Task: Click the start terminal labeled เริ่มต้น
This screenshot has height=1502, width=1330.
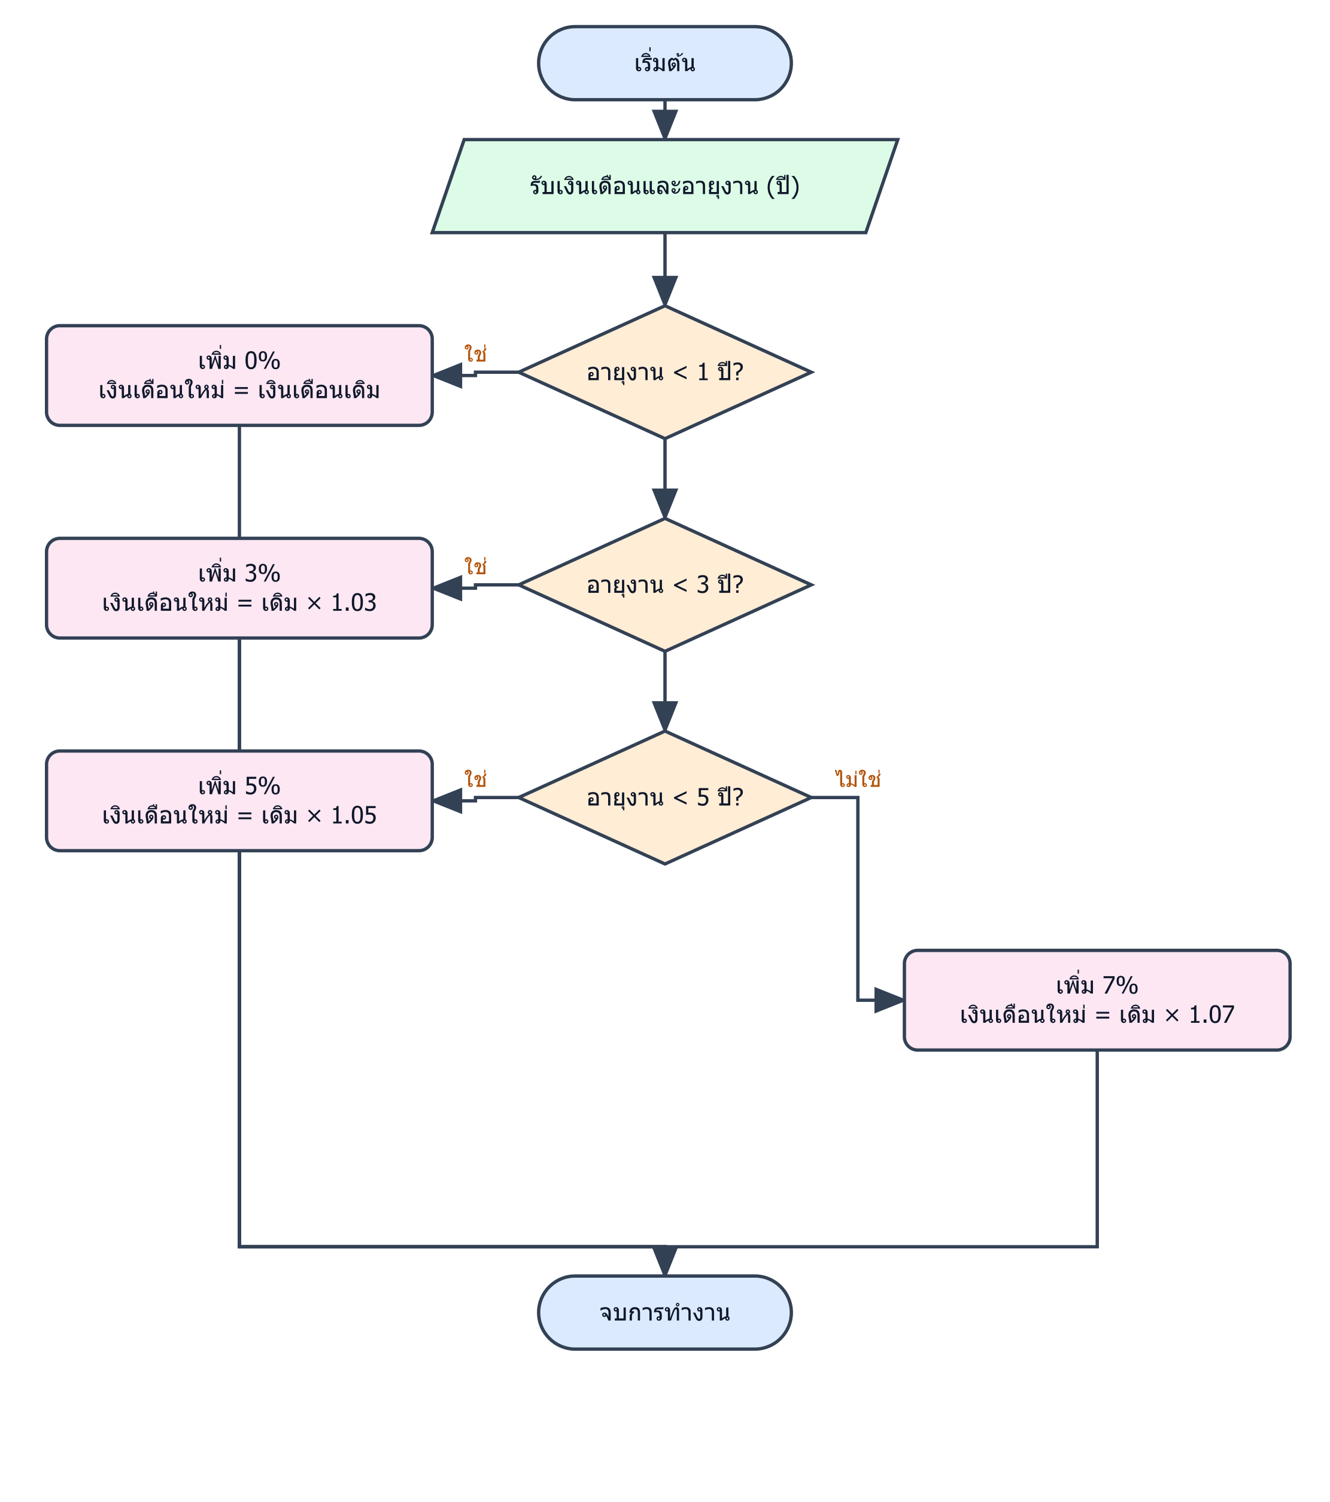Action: (x=664, y=63)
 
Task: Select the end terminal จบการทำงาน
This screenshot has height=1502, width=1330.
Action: (x=664, y=1312)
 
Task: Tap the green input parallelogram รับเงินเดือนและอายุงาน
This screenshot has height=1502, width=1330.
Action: (x=664, y=186)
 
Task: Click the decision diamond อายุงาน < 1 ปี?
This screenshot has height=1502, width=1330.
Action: (x=664, y=373)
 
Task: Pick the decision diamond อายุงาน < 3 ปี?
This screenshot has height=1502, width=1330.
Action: (x=664, y=585)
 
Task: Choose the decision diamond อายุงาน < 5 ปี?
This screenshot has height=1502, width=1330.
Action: (x=664, y=797)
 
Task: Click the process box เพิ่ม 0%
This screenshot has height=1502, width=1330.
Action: (x=239, y=376)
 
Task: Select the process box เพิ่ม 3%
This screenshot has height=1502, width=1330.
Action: (x=239, y=588)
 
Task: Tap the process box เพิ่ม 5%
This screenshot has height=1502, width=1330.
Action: (x=239, y=801)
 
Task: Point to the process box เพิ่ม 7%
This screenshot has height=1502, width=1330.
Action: (x=1097, y=1000)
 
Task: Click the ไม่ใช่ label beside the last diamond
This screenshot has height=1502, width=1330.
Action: (x=858, y=779)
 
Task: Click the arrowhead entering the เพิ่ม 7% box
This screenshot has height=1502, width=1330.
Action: (x=889, y=1000)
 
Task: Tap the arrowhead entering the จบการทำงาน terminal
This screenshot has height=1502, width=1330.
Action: (x=664, y=1261)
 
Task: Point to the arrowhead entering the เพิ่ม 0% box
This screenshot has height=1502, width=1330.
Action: (x=447, y=376)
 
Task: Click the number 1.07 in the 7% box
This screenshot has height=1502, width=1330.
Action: (x=1211, y=1015)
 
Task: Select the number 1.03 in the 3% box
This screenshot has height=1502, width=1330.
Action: (x=354, y=602)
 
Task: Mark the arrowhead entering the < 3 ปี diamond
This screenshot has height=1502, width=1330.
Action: (x=664, y=504)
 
